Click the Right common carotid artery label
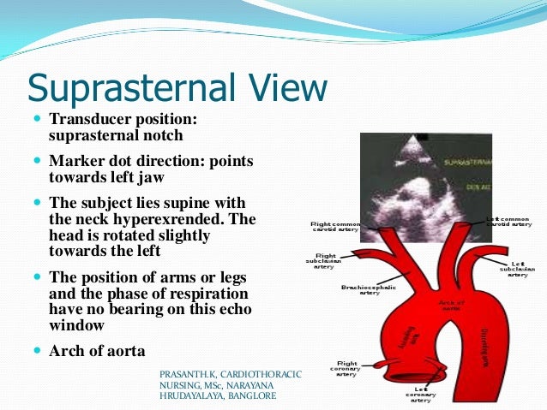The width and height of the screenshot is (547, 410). click(x=335, y=228)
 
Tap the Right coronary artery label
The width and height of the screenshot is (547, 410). click(x=347, y=368)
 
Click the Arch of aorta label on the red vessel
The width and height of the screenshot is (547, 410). click(x=451, y=305)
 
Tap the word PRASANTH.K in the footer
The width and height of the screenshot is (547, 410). click(x=189, y=375)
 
